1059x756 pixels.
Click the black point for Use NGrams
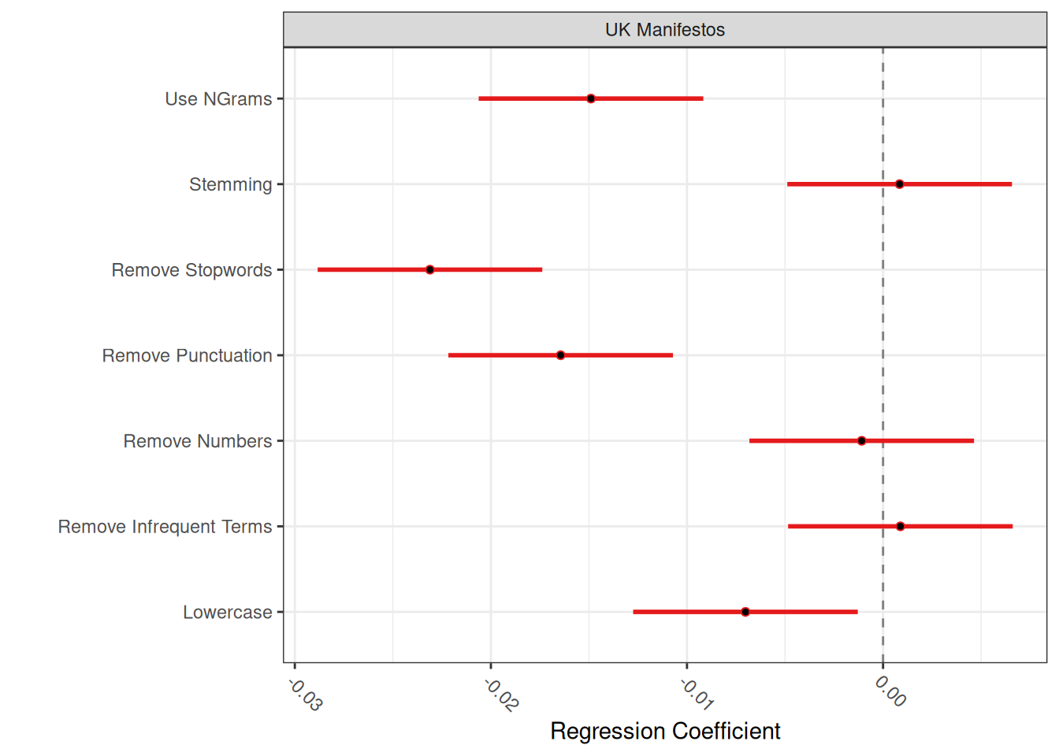(591, 98)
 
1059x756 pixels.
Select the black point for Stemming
(899, 184)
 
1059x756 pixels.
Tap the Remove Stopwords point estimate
(429, 269)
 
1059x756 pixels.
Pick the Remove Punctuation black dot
(560, 355)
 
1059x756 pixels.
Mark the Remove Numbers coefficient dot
(861, 441)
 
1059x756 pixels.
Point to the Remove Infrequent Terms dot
(900, 526)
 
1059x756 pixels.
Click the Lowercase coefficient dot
(745, 612)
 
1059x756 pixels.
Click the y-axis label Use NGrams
(218, 99)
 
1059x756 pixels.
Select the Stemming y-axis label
(230, 184)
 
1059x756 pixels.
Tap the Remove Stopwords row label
(191, 270)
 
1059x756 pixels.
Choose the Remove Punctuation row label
(187, 356)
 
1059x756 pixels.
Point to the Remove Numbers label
(197, 441)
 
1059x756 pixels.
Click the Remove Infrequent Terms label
(165, 527)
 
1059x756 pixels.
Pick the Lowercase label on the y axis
(227, 613)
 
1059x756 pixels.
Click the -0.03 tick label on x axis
(305, 695)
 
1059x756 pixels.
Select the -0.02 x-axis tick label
(501, 695)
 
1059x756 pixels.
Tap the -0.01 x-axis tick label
(697, 695)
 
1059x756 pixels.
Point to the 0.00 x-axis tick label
(890, 691)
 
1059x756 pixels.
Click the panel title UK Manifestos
(665, 30)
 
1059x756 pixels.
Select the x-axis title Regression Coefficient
(665, 731)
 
